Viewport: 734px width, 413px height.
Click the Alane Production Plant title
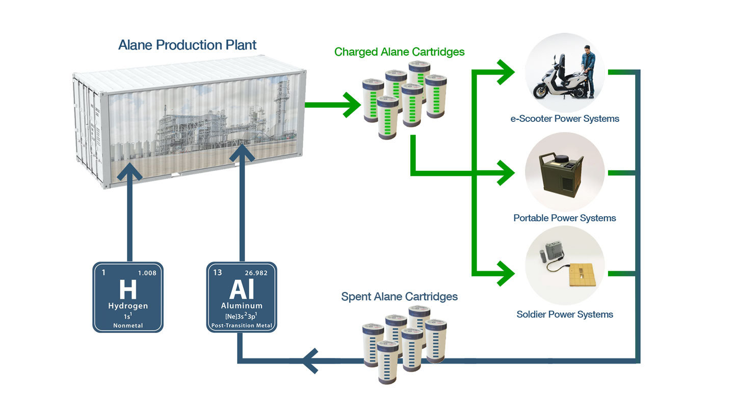tap(187, 45)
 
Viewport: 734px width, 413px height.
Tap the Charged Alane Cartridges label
tap(399, 51)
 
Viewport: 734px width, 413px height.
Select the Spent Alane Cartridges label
tap(399, 296)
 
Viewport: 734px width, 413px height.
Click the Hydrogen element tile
tap(128, 297)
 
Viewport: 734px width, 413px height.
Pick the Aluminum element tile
tap(242, 297)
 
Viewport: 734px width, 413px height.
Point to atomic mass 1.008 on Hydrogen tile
tap(147, 273)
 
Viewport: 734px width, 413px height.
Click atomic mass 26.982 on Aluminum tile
tap(256, 273)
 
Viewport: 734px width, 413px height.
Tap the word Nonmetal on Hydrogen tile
tap(128, 325)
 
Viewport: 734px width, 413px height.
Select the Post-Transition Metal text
tap(242, 325)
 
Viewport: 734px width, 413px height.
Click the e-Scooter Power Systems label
tap(565, 119)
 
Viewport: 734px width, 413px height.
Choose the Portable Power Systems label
tap(565, 218)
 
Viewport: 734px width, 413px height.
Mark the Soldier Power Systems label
tap(565, 314)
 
